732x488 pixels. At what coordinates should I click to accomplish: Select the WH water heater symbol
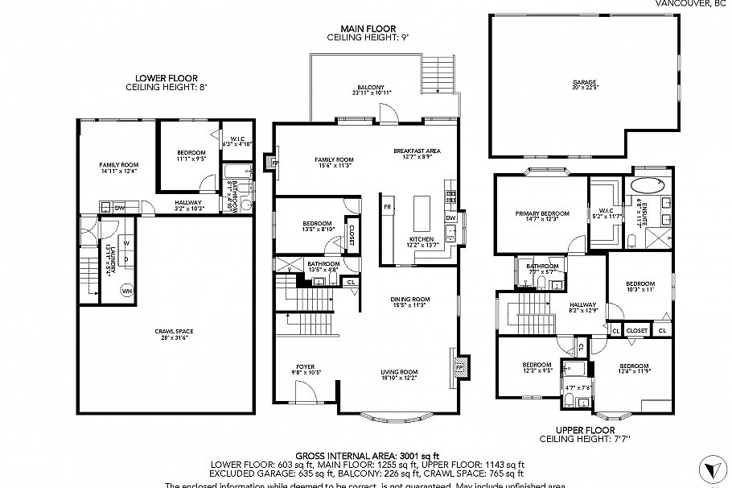(126, 292)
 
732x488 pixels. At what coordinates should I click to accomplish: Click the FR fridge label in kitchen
(387, 207)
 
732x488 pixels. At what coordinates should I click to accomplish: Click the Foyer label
(305, 368)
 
